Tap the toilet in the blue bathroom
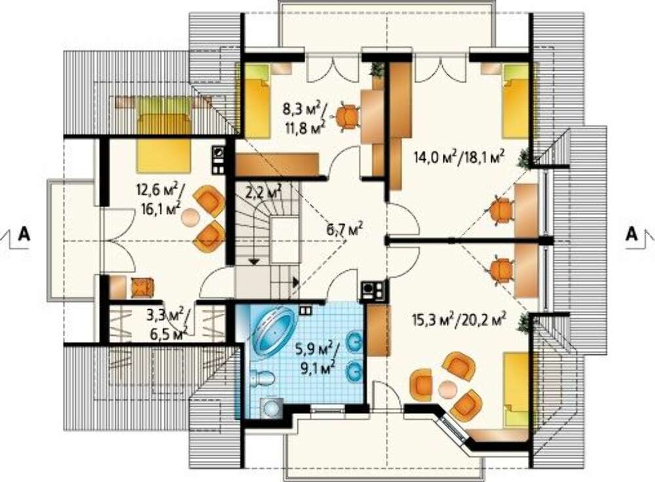(x=263, y=379)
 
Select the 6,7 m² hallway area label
(x=344, y=230)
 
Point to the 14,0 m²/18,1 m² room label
(x=460, y=157)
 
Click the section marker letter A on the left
(x=24, y=234)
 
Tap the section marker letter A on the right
(x=632, y=234)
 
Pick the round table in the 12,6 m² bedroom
(x=192, y=217)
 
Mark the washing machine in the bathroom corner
(x=271, y=407)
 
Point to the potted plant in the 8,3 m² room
(x=378, y=69)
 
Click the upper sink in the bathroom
(x=355, y=342)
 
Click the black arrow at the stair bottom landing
(x=296, y=282)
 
